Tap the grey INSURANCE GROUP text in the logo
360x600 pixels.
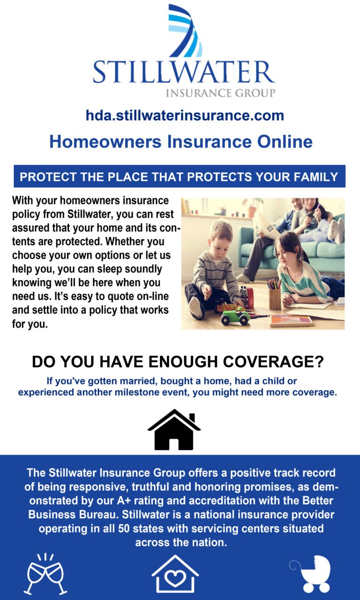coord(220,93)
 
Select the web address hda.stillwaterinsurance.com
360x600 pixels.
coord(185,115)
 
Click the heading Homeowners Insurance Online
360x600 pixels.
coord(180,142)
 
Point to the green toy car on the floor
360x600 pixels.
coord(235,315)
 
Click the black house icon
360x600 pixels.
coord(174,430)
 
